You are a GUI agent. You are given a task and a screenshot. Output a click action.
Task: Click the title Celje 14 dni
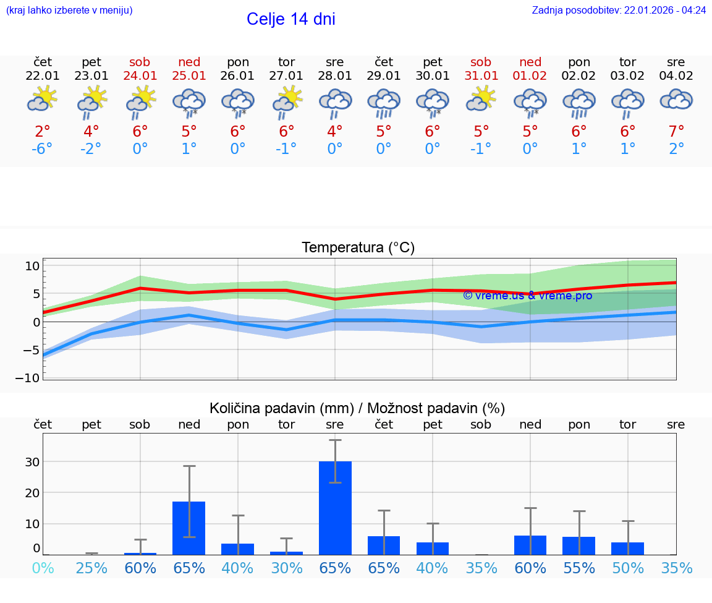[x=290, y=19]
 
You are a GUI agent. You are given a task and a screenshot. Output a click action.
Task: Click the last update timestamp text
[x=619, y=11]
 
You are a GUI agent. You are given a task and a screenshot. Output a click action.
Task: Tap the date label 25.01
[x=189, y=76]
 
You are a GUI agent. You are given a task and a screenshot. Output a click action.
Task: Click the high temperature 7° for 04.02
[x=676, y=132]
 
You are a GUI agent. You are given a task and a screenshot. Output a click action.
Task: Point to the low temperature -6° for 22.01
[x=43, y=149]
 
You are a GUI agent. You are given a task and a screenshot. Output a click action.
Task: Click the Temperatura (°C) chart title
[x=358, y=248]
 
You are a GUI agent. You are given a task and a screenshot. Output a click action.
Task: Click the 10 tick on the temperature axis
[x=32, y=266]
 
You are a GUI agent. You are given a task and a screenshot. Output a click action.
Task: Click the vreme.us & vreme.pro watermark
[x=527, y=296]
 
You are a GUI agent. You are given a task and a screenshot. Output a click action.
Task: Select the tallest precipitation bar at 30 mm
[x=335, y=507]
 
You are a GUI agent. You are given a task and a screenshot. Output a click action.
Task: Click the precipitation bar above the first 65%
[x=189, y=528]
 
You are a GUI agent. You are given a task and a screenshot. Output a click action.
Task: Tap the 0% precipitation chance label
[x=43, y=568]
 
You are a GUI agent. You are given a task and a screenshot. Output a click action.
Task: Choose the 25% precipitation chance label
[x=91, y=568]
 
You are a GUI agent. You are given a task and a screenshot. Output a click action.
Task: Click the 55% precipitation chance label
[x=579, y=568]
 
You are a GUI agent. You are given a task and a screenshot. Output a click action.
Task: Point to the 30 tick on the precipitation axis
[x=32, y=462]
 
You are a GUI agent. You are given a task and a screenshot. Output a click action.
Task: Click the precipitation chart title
[x=357, y=408]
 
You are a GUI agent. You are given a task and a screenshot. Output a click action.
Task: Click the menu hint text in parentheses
[x=69, y=11]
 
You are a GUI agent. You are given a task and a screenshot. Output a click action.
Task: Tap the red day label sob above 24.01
[x=140, y=62]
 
